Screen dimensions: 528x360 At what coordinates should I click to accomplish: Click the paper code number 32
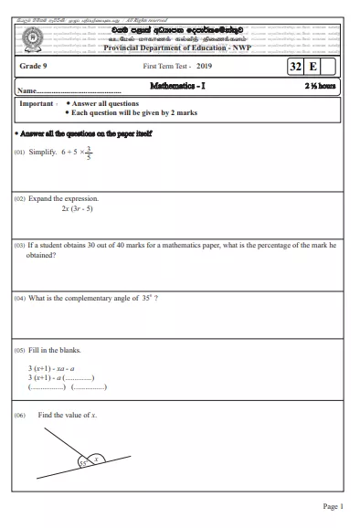tap(295, 68)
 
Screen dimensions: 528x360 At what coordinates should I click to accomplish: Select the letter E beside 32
tap(313, 68)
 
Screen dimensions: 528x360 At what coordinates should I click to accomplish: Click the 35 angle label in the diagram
tap(81, 464)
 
